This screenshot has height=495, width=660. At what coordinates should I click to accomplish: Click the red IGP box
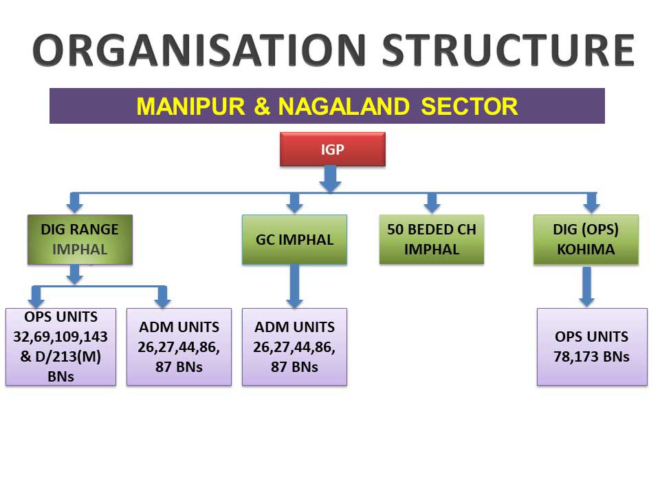(x=332, y=149)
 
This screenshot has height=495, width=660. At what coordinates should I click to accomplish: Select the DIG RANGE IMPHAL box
(x=80, y=239)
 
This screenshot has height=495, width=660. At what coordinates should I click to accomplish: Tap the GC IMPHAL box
(x=294, y=240)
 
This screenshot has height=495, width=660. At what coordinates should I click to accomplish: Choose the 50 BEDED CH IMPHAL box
(x=431, y=239)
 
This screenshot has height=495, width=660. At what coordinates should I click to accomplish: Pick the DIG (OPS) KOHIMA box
(x=586, y=239)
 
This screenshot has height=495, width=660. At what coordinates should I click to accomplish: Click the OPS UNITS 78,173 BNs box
(x=591, y=346)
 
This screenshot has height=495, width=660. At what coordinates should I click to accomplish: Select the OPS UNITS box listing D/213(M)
(x=60, y=346)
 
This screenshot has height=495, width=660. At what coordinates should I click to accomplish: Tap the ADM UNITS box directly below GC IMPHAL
(x=294, y=346)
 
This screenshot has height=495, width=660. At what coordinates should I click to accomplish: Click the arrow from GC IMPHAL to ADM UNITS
(x=294, y=286)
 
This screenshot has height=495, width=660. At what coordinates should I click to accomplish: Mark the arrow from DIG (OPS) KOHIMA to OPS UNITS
(x=586, y=286)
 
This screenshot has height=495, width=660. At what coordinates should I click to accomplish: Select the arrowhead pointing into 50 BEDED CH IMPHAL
(x=432, y=205)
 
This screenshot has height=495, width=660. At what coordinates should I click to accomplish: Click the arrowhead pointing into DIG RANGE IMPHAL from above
(x=75, y=205)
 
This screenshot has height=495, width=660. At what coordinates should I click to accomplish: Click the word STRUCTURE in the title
(x=507, y=49)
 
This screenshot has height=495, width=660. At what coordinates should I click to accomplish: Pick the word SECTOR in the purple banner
(x=470, y=107)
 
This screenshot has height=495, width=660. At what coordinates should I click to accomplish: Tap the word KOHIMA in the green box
(x=586, y=249)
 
